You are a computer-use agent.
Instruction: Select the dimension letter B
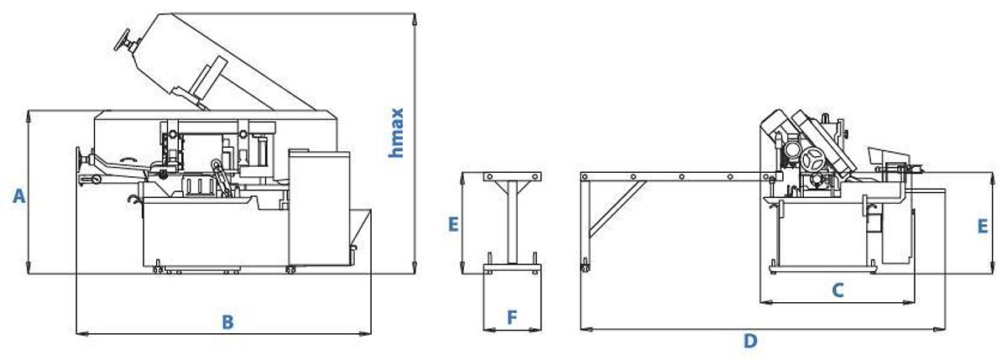(227, 321)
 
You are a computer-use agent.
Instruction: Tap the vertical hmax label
(397, 132)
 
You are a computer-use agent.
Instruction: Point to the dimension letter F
(513, 317)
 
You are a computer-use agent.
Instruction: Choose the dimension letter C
(837, 290)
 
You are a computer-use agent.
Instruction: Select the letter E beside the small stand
(453, 224)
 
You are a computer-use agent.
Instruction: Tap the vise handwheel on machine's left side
(82, 158)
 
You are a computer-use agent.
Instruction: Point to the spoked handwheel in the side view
(811, 159)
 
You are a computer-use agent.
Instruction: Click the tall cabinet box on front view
(318, 206)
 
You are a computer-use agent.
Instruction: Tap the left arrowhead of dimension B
(79, 333)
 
